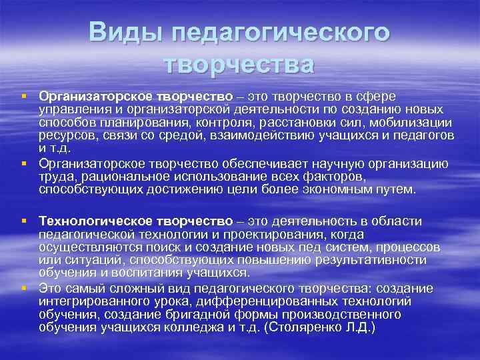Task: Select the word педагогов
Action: [421, 136]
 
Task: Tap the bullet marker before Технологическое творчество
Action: [24, 221]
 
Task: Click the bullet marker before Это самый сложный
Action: [24, 287]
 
